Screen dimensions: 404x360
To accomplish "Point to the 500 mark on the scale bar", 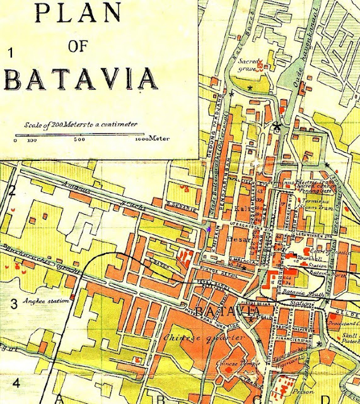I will [x=79, y=140].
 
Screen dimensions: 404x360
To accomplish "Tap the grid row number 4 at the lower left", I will [x=16, y=383].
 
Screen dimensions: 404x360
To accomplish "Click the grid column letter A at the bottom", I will [x=61, y=398].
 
